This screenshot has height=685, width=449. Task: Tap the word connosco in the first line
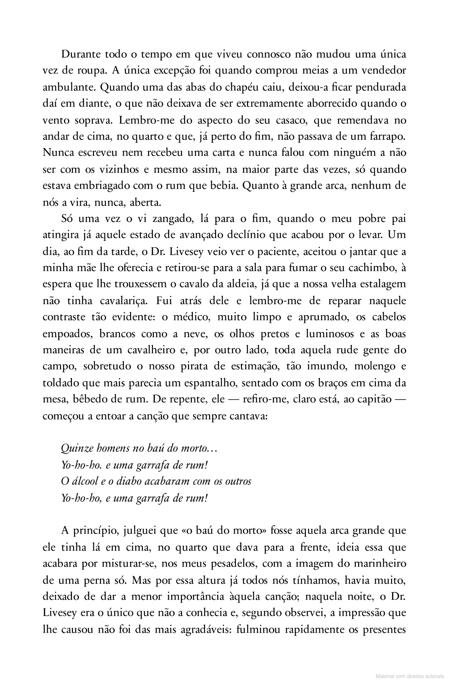click(x=268, y=55)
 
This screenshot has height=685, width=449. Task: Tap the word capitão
click(x=374, y=399)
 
